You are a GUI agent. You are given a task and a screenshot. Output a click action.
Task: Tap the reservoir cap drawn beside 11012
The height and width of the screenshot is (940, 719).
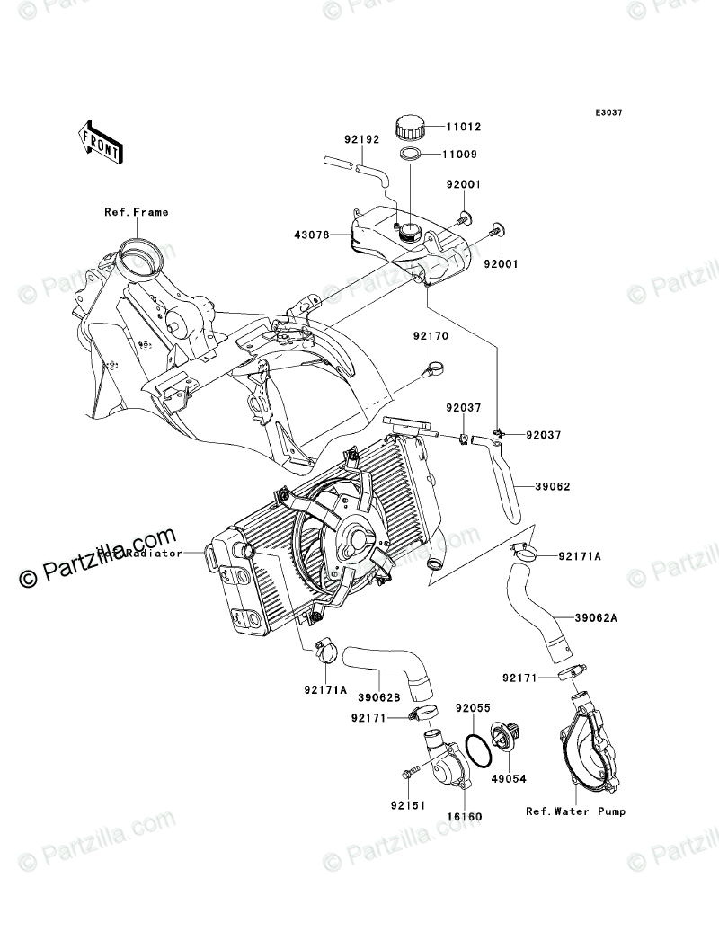(x=413, y=127)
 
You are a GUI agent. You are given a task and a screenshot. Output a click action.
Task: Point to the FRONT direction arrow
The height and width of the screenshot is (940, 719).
(x=102, y=141)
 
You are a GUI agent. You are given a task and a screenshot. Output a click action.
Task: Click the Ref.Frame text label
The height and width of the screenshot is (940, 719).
(x=136, y=213)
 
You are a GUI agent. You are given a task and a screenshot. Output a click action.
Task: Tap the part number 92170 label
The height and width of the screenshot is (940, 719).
(x=431, y=336)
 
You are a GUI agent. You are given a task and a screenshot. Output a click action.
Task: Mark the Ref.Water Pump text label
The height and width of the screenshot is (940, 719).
(x=575, y=811)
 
